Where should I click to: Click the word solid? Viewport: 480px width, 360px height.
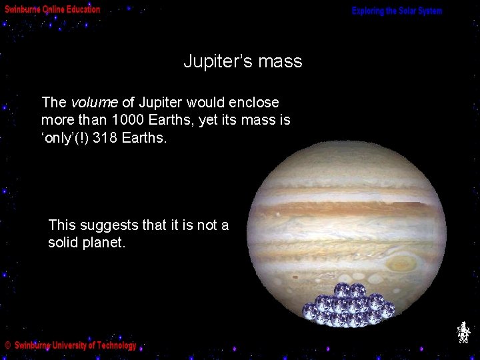tap(65, 243)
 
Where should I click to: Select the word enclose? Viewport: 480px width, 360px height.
tap(253, 103)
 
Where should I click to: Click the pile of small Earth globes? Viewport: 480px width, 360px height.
tap(347, 307)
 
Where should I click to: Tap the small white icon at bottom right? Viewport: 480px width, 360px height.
tap(463, 332)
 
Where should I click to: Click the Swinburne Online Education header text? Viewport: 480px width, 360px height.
tap(53, 10)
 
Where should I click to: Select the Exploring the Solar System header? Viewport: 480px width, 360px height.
tap(397, 11)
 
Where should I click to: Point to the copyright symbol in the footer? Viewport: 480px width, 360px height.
tap(7, 345)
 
